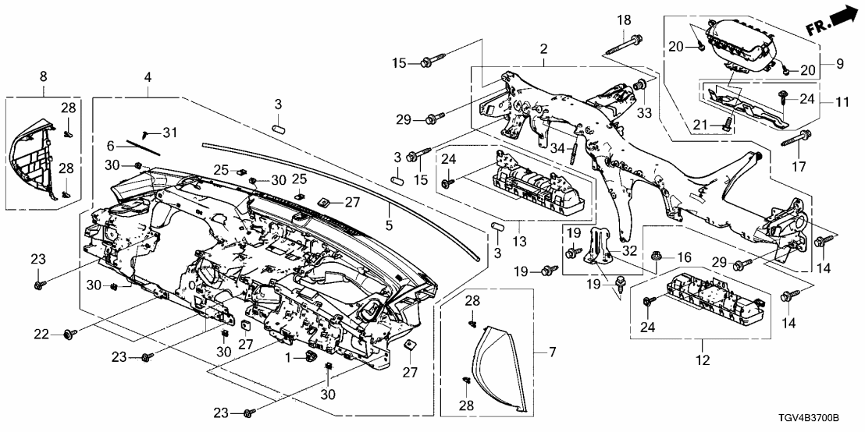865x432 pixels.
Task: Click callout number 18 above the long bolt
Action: (625, 19)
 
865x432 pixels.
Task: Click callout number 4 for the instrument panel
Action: (147, 77)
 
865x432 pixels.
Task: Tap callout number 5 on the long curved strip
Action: (388, 208)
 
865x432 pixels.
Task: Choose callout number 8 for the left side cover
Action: (44, 77)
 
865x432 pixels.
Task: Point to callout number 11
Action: (842, 102)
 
